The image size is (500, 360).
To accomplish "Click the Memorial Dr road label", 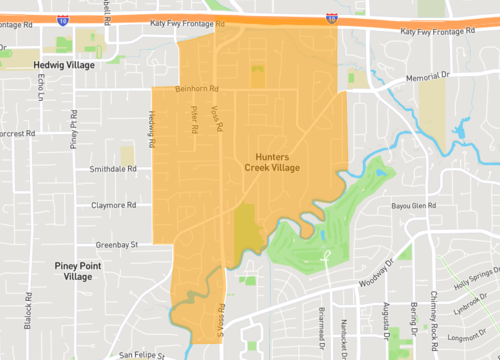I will click(x=430, y=77).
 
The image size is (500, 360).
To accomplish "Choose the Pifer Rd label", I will click(x=194, y=122).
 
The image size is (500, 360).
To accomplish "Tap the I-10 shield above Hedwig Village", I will click(x=63, y=20).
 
